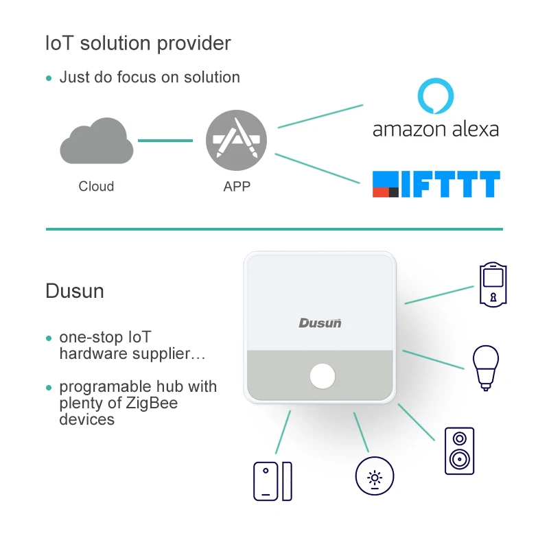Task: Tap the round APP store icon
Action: click(237, 141)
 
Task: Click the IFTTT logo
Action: click(436, 184)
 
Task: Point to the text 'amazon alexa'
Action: click(436, 129)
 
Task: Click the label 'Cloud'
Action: click(96, 186)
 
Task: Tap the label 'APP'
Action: click(237, 186)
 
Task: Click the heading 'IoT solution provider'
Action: click(138, 43)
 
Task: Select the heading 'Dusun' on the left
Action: click(75, 291)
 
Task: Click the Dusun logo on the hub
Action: click(320, 323)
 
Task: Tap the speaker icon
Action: click(458, 451)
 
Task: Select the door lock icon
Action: click(493, 284)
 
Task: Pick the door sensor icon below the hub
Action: click(272, 480)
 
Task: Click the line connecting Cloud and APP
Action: click(165, 141)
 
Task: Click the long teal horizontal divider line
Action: click(274, 229)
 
